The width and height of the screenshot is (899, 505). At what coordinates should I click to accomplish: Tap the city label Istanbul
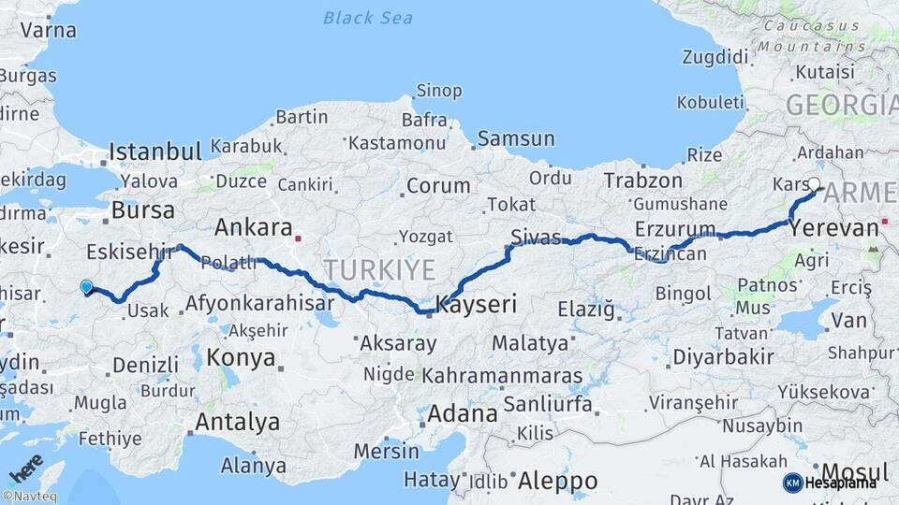(x=155, y=151)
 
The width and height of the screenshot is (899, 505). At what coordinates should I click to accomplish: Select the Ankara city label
(x=253, y=227)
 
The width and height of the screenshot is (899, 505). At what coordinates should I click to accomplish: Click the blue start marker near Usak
(x=86, y=287)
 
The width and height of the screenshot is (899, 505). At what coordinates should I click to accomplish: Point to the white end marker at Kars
(x=814, y=185)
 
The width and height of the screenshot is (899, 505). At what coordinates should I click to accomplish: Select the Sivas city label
(x=537, y=236)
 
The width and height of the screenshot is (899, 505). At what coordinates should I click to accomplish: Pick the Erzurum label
(x=674, y=228)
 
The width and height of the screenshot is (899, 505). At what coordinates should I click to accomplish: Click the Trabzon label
(x=643, y=180)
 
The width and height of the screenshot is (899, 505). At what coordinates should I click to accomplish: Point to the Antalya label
(x=237, y=422)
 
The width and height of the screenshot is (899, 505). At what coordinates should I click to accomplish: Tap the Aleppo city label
(x=557, y=481)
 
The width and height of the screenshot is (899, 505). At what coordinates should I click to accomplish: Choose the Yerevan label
(x=834, y=227)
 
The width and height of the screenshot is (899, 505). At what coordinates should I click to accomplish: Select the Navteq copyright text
(x=29, y=497)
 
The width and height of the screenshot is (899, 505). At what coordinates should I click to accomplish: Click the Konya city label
(x=241, y=357)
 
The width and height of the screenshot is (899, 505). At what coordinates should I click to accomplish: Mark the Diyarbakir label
(x=723, y=356)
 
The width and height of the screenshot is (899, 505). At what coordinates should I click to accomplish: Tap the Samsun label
(x=516, y=138)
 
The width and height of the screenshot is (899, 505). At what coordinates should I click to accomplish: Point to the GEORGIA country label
(x=841, y=105)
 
